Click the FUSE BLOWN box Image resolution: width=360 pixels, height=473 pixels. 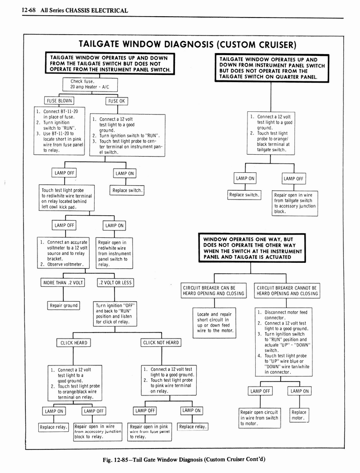pos(59,101)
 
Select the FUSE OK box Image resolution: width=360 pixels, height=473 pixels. pos(116,101)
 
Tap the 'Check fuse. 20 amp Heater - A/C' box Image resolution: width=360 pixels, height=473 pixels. pos(90,85)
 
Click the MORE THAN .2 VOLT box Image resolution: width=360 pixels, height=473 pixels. pos(63,283)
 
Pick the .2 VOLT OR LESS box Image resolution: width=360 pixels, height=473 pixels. pos(115,283)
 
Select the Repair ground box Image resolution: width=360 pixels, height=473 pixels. pos(64,305)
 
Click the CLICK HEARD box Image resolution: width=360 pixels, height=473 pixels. pos(73,343)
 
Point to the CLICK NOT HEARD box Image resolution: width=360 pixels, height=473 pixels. pos(161,343)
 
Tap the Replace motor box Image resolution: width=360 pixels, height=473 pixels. pos(299,415)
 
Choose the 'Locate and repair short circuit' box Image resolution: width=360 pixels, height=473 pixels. pos(215,322)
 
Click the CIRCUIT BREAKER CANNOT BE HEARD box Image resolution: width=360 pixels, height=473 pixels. pos(287,291)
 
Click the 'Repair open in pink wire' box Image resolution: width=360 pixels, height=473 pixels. pos(150,431)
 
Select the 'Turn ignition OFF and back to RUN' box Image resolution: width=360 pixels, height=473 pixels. pos(115,314)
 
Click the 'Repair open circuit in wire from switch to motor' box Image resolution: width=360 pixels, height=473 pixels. pos(259,418)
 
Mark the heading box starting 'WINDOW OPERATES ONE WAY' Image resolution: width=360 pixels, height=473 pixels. pos(252,248)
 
